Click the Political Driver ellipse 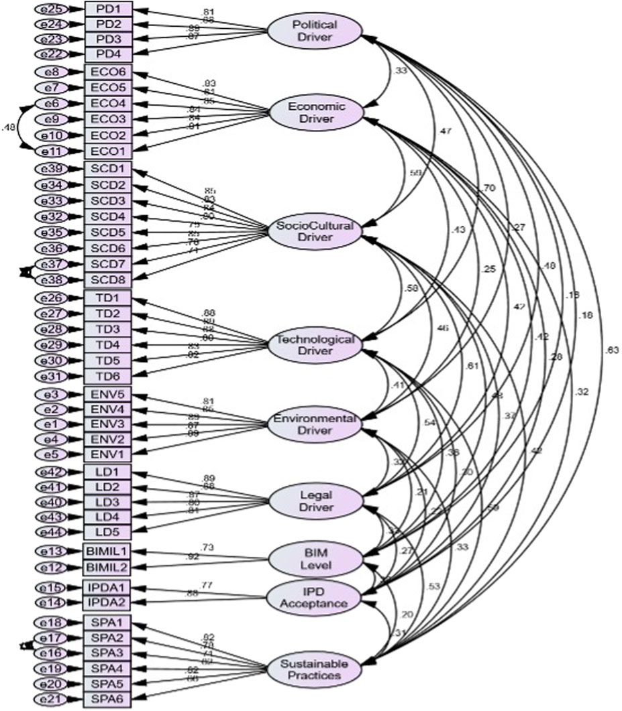315,31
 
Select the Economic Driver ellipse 315,113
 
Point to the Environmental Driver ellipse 315,424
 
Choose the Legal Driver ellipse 315,500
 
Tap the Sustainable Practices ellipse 315,669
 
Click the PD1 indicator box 108,10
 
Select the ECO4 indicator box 108,104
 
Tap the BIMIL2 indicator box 108,567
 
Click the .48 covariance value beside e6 9,127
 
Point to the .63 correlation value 612,350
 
